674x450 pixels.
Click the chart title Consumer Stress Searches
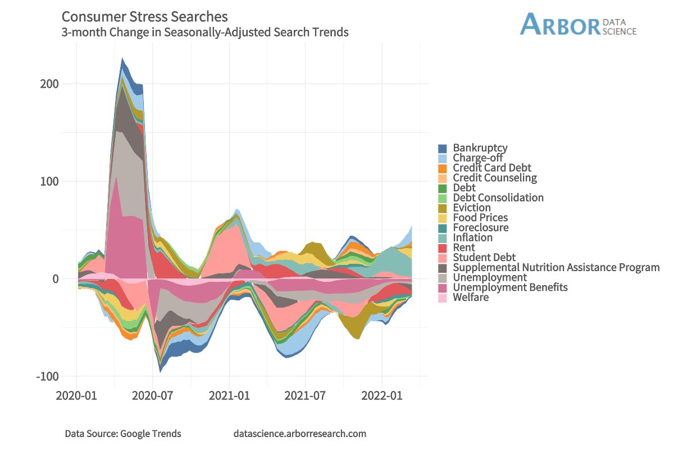pyautogui.click(x=144, y=17)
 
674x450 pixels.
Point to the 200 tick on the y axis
pyautogui.click(x=49, y=84)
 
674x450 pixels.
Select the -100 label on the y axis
pyautogui.click(x=48, y=376)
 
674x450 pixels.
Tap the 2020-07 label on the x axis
pyautogui.click(x=152, y=395)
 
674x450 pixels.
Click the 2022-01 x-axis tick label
pyautogui.click(x=382, y=395)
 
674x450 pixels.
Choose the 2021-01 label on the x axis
pyautogui.click(x=229, y=395)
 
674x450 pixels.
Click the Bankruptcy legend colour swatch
pyautogui.click(x=443, y=148)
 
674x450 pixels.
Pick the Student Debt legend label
pyautogui.click(x=484, y=258)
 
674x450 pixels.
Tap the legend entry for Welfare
pyautogui.click(x=463, y=297)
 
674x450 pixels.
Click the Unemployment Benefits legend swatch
pyautogui.click(x=443, y=287)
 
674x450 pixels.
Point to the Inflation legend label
pyautogui.click(x=473, y=237)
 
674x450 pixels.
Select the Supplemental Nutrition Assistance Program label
pyautogui.click(x=557, y=267)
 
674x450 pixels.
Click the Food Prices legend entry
pyautogui.click(x=473, y=218)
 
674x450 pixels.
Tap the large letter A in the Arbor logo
pyautogui.click(x=531, y=24)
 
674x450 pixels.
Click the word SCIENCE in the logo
pyautogui.click(x=620, y=31)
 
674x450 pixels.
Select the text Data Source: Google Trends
pyautogui.click(x=123, y=434)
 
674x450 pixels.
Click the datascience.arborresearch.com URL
pyautogui.click(x=300, y=434)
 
